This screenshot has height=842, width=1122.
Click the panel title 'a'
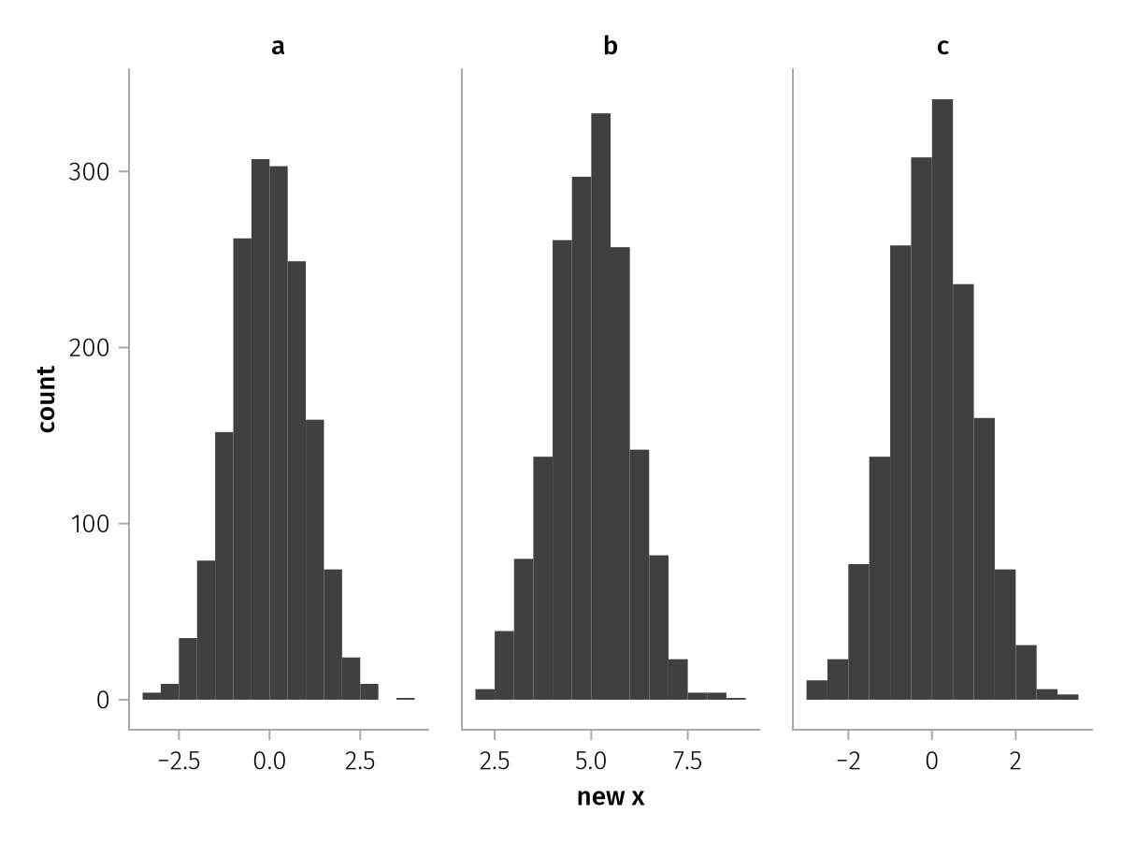[x=278, y=46]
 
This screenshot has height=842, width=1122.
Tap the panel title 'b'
[x=611, y=46]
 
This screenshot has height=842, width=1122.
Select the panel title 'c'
[x=942, y=46]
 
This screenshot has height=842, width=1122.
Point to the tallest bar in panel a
[x=260, y=429]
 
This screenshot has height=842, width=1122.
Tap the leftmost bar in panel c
[x=816, y=690]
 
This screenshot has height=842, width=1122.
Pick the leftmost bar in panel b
[x=484, y=695]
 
